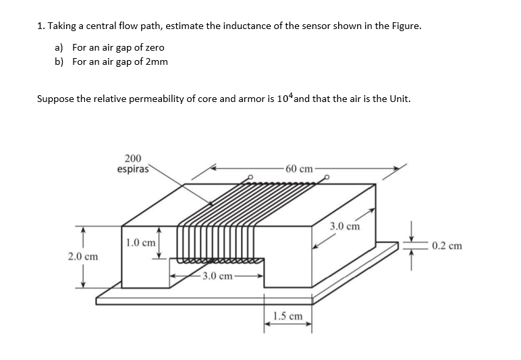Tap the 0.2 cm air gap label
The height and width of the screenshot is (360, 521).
click(x=447, y=245)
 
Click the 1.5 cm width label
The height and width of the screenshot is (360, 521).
click(x=288, y=315)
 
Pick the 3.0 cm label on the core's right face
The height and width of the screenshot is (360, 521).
click(x=346, y=226)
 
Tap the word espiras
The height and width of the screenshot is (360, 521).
click(x=133, y=169)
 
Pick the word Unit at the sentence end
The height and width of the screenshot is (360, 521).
click(x=397, y=99)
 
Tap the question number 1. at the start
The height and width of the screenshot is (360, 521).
click(x=41, y=26)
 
